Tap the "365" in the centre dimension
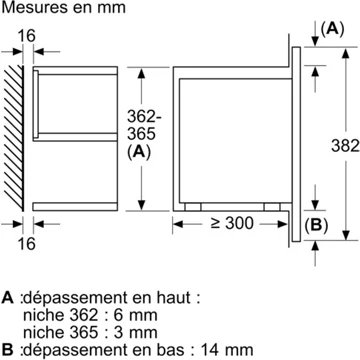point(114,135)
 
